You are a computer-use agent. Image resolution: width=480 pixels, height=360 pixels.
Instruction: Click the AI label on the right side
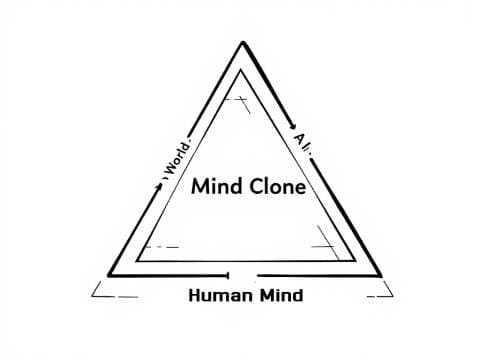(304, 144)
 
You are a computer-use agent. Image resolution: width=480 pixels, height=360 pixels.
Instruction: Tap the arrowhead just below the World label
(159, 184)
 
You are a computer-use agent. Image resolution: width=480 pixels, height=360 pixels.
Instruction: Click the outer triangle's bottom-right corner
(381, 275)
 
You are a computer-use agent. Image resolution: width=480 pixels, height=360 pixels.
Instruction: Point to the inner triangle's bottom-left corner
(136, 259)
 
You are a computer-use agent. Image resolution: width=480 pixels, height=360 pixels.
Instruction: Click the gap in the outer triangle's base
(244, 274)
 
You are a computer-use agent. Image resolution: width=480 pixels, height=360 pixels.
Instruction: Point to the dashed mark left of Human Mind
(113, 295)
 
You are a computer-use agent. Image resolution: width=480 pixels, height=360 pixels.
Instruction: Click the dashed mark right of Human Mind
(381, 296)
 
